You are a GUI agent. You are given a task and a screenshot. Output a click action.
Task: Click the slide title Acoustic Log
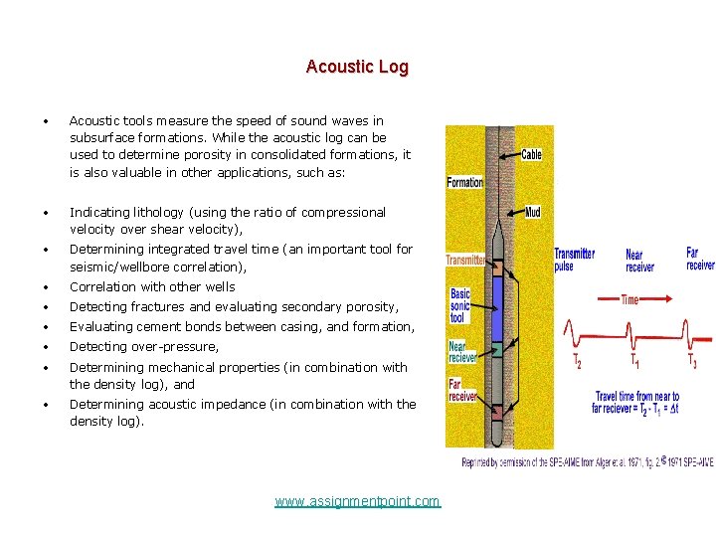[357, 67]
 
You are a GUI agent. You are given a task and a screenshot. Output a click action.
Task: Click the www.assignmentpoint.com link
[357, 501]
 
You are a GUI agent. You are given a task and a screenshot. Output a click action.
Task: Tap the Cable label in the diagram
[531, 155]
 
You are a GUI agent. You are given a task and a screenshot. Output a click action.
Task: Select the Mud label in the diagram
[532, 212]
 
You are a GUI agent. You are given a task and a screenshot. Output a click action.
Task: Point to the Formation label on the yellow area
[464, 182]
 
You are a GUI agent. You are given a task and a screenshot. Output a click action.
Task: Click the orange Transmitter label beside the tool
[465, 261]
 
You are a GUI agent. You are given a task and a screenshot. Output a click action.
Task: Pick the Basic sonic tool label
[460, 306]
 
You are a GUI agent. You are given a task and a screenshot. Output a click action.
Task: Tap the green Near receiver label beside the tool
[458, 351]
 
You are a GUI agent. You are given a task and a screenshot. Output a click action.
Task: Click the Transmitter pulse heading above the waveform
[575, 260]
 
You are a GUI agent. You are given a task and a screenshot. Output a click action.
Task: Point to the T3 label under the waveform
[691, 363]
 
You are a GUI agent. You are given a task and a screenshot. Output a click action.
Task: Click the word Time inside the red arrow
[628, 298]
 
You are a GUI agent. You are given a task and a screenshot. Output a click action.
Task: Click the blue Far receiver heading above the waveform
[700, 259]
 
